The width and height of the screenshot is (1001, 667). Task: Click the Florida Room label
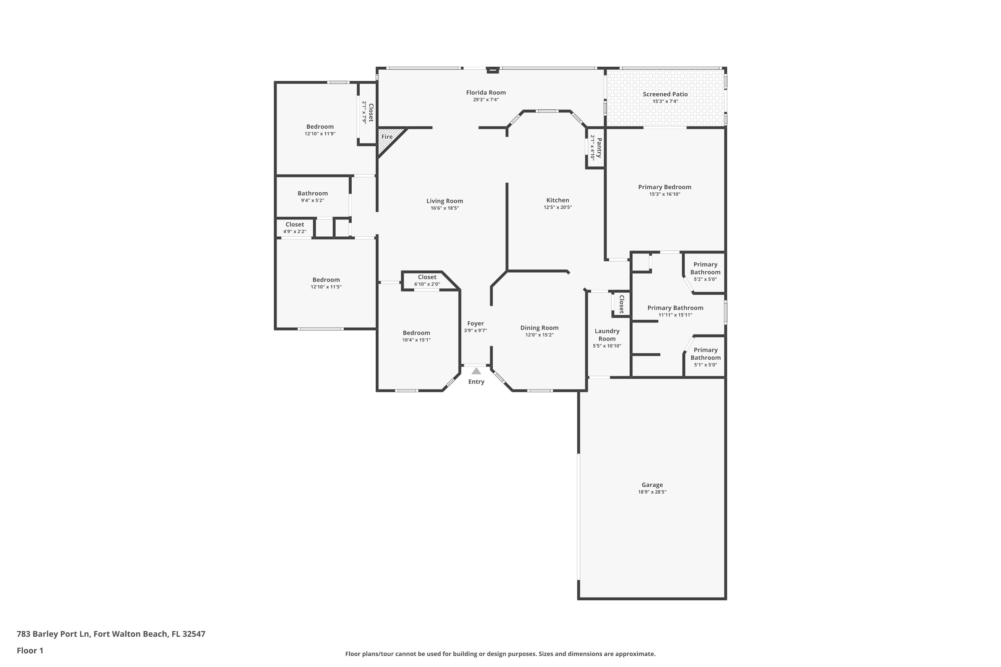(x=485, y=92)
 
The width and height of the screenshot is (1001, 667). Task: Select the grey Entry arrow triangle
(x=476, y=371)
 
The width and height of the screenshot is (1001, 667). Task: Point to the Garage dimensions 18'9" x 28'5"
(x=652, y=492)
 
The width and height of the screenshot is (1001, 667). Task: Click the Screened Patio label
(x=665, y=94)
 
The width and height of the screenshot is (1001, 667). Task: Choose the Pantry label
(x=599, y=148)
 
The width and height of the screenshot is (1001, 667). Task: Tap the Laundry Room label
(x=607, y=335)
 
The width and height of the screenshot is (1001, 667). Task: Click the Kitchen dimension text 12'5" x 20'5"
(x=558, y=207)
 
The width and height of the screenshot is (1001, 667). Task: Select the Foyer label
(x=475, y=323)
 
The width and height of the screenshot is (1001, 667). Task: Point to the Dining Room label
(x=539, y=327)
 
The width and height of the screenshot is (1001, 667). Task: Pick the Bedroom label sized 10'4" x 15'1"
(x=416, y=332)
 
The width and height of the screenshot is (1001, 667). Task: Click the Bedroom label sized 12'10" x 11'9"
(x=320, y=126)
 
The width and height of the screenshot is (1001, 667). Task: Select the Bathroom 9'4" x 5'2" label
(x=312, y=193)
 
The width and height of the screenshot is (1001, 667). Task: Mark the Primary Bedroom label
(x=664, y=187)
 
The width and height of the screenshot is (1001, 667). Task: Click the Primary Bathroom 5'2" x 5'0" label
(x=705, y=268)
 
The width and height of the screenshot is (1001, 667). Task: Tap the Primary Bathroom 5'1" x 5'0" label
(x=705, y=354)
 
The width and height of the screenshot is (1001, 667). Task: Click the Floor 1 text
(x=30, y=650)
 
